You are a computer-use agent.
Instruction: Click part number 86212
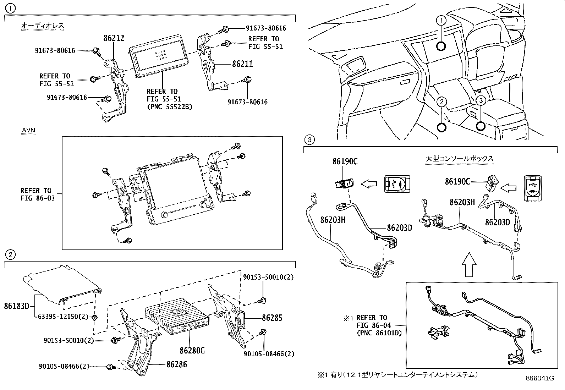coord(114,38)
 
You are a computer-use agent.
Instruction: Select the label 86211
coord(242,64)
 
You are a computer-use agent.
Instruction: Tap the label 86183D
coord(16,306)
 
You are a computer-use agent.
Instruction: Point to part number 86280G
coord(192,351)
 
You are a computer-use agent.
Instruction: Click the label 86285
coord(272,318)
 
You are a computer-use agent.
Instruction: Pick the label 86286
coord(176,364)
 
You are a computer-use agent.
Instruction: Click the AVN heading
coord(28,130)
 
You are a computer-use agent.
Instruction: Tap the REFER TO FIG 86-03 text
coord(38,194)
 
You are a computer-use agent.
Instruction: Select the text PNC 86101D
coord(379,333)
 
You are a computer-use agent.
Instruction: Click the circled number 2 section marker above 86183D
coord(10,254)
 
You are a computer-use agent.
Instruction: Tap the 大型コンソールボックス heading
coord(459,159)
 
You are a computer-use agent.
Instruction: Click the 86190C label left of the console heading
coord(345,161)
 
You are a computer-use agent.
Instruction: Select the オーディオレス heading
coord(42,26)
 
